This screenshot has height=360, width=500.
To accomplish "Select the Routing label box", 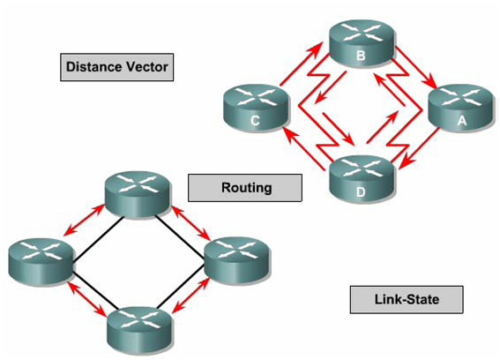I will [246, 187].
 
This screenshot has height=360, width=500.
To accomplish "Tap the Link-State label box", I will [407, 300].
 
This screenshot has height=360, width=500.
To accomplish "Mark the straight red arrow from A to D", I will [419, 146].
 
